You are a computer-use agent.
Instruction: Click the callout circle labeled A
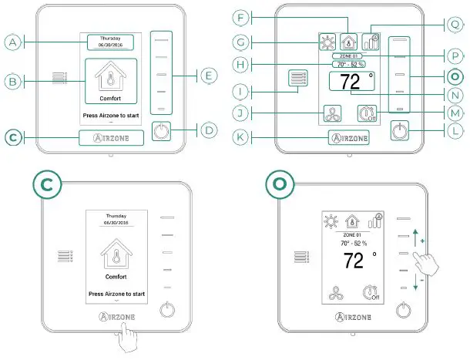12,43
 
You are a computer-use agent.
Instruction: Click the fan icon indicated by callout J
332,115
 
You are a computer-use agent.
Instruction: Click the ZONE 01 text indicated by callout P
349,56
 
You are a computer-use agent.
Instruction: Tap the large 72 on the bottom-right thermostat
350,259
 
